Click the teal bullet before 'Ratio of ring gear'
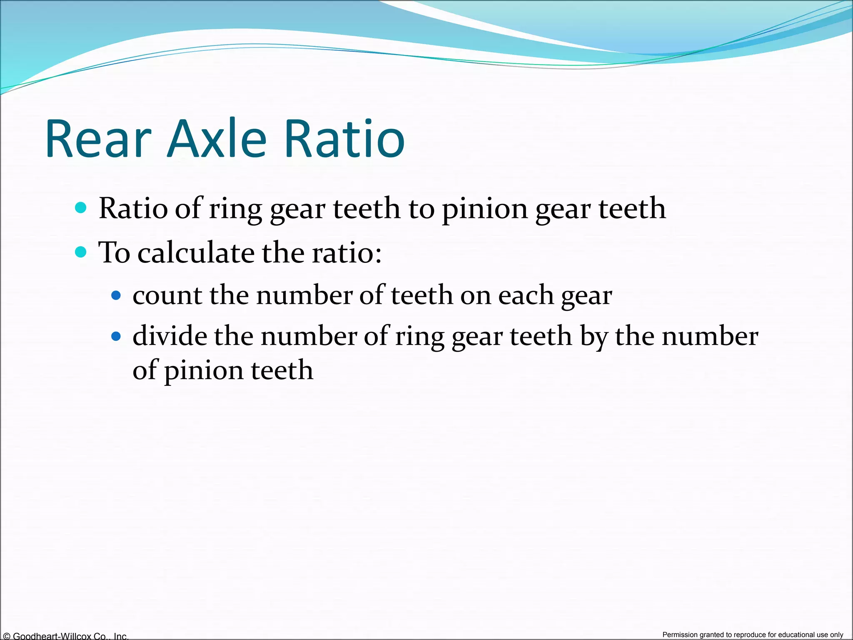click(81, 207)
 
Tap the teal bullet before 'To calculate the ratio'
click(81, 252)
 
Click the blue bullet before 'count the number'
click(116, 296)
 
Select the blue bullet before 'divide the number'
click(116, 336)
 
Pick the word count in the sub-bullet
click(167, 296)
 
